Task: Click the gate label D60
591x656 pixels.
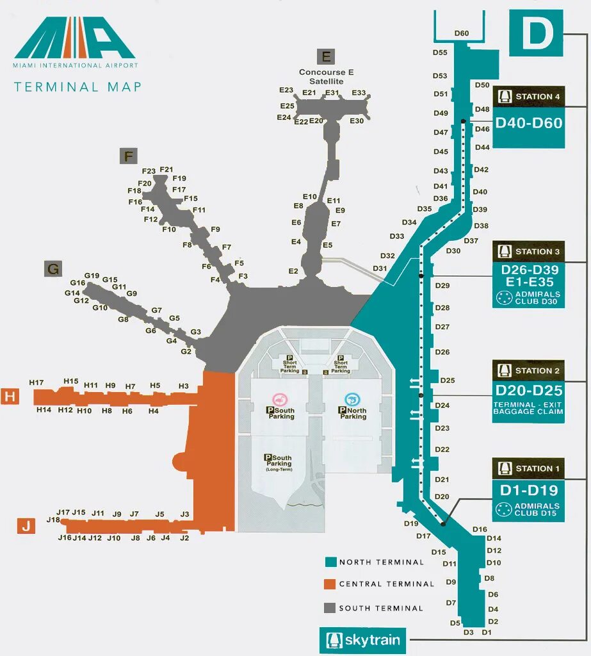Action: pos(462,33)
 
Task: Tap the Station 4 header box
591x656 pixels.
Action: pos(529,97)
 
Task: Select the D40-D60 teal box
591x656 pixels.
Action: pos(529,123)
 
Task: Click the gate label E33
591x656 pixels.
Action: pos(359,93)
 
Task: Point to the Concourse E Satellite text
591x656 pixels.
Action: pos(326,77)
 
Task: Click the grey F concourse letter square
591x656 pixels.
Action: pos(129,156)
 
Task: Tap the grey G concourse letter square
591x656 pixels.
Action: pos(53,269)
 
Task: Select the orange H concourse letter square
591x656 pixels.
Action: pos(10,397)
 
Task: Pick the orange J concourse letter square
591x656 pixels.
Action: pos(26,527)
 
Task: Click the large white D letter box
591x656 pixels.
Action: pos(536,33)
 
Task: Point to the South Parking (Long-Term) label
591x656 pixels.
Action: pos(278,463)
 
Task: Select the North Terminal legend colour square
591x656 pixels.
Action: pos(330,562)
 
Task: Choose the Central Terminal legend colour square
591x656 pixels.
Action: pos(330,584)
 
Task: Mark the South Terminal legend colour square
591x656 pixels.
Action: pos(330,608)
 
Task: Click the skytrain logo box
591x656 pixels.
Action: pos(362,640)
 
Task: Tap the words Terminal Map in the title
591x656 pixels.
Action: pos(77,87)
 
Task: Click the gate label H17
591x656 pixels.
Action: pos(36,382)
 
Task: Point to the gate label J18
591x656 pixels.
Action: pos(53,520)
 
